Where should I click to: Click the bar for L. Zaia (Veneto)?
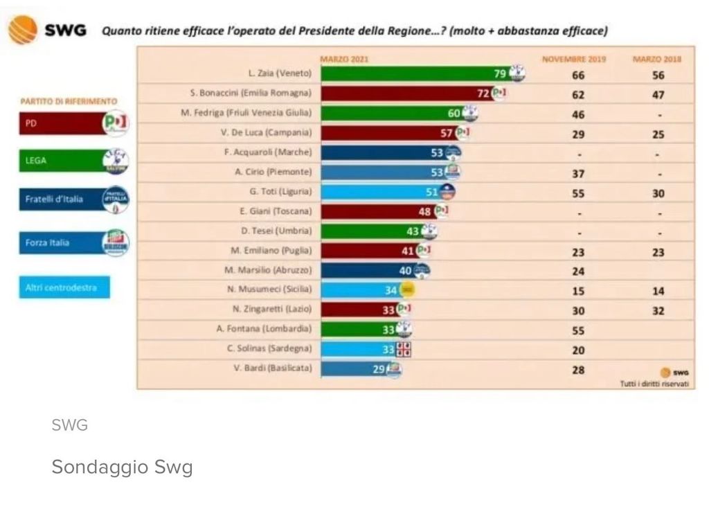click(x=415, y=74)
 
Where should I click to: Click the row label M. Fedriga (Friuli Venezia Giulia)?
click(x=246, y=113)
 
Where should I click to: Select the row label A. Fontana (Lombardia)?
click(x=264, y=329)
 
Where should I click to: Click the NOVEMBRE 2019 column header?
click(x=573, y=60)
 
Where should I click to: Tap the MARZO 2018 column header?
click(x=657, y=60)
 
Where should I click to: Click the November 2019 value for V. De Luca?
click(x=578, y=134)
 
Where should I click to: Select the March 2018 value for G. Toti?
click(x=658, y=194)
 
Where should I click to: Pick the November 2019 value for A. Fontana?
click(x=578, y=331)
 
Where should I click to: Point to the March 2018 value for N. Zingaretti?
click(x=658, y=311)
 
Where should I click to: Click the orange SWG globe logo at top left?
click(x=22, y=30)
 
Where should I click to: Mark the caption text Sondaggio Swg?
click(x=122, y=468)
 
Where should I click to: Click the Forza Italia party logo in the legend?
click(x=115, y=242)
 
